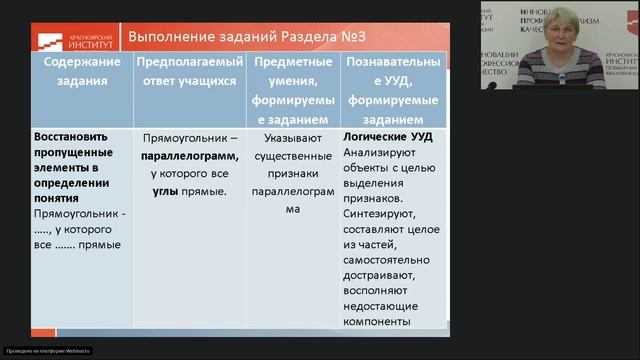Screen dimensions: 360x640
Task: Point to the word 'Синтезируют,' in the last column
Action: click(x=376, y=213)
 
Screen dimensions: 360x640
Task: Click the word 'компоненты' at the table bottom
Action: click(x=376, y=321)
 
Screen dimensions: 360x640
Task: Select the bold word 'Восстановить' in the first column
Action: click(x=70, y=138)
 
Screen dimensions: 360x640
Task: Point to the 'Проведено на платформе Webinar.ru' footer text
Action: click(x=47, y=350)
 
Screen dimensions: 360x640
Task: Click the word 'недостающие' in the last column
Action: click(x=381, y=305)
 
